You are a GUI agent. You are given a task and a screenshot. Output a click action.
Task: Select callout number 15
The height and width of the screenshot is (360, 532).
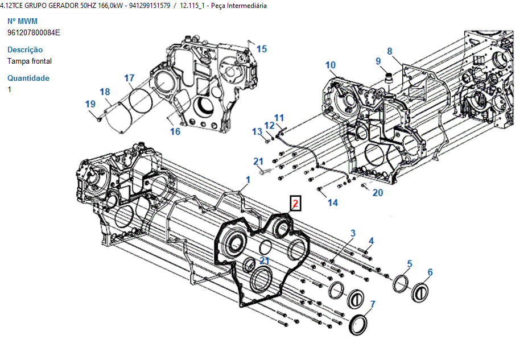click(x=261, y=49)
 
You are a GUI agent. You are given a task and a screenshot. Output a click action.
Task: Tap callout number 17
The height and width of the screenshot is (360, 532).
click(x=129, y=78)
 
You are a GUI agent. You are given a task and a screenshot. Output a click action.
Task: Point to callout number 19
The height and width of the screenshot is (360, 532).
click(x=90, y=104)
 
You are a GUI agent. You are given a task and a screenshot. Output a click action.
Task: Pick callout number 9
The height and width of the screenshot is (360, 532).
click(x=378, y=61)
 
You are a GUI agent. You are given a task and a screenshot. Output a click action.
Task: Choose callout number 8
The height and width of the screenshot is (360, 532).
click(x=390, y=51)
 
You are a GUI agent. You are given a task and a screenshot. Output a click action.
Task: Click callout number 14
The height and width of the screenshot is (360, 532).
click(x=332, y=202)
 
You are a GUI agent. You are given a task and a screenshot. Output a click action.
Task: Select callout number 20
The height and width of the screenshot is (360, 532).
click(x=378, y=192)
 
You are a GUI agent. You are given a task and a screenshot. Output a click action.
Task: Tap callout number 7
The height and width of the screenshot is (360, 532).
click(x=372, y=304)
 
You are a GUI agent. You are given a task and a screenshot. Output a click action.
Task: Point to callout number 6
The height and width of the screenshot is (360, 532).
click(x=430, y=272)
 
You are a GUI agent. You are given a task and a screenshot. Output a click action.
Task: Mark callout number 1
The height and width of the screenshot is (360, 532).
click(x=248, y=180)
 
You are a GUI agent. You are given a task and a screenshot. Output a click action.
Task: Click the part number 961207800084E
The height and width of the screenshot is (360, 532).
click(x=34, y=32)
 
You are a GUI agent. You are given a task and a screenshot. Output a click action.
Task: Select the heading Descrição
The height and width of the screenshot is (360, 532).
click(x=25, y=49)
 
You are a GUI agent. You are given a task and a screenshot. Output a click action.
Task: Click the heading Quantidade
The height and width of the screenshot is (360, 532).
click(x=28, y=78)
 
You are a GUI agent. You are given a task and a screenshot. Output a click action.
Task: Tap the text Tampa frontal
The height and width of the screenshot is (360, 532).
click(x=30, y=61)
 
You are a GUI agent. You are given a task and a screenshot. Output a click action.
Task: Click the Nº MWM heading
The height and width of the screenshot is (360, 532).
click(x=22, y=21)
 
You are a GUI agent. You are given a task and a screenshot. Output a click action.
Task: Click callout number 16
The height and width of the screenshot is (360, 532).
click(x=175, y=131)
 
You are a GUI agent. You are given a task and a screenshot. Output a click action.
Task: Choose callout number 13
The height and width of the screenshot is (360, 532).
click(x=257, y=132)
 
